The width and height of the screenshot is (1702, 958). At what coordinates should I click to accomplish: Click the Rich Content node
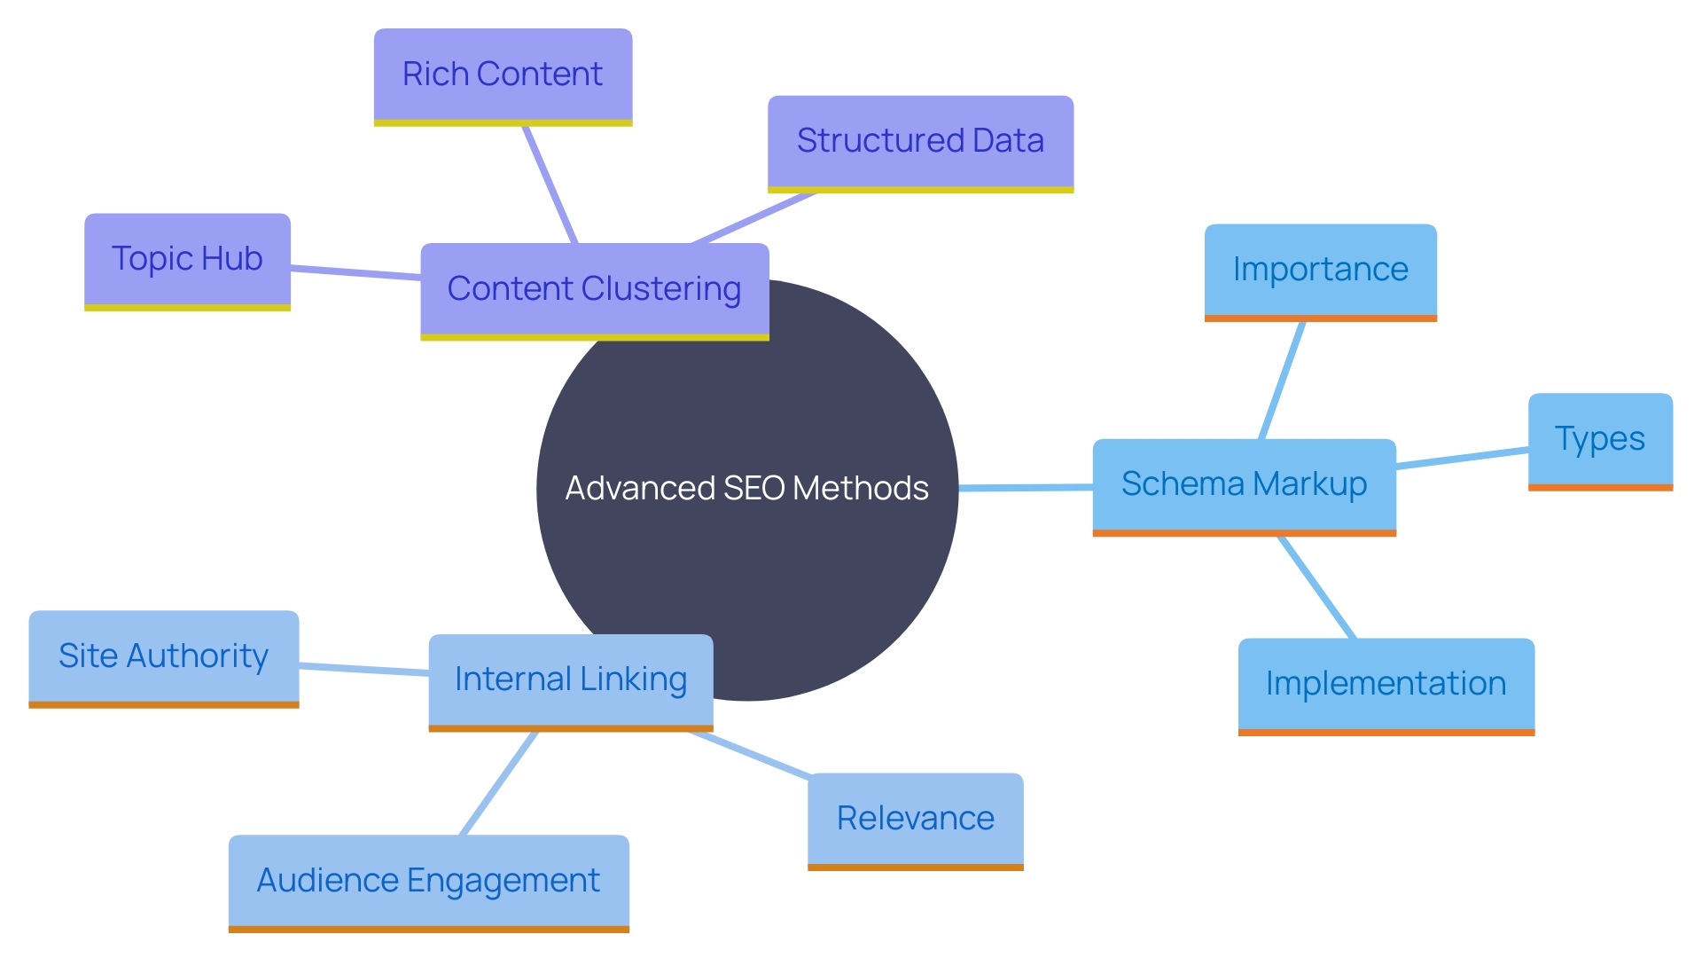pyautogui.click(x=503, y=75)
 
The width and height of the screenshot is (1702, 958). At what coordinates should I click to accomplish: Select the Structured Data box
pyautogui.click(x=920, y=141)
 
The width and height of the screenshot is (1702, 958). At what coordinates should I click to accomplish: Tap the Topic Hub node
pyautogui.click(x=187, y=259)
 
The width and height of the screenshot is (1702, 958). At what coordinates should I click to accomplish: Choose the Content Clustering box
pyautogui.click(x=594, y=289)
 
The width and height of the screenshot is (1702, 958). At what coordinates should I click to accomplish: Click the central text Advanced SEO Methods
pyautogui.click(x=746, y=489)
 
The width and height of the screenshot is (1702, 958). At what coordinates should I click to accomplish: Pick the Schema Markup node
pyautogui.click(x=1244, y=484)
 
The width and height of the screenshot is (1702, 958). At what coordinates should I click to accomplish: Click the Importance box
pyautogui.click(x=1320, y=270)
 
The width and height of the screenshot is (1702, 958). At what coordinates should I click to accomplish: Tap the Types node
pyautogui.click(x=1600, y=439)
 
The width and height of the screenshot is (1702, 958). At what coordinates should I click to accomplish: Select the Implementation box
pyautogui.click(x=1386, y=684)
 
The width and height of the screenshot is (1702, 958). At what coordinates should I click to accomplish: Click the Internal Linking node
pyautogui.click(x=570, y=679)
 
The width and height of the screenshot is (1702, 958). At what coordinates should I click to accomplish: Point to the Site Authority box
pyautogui.click(x=163, y=656)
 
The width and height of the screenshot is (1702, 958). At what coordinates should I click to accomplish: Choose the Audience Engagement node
pyautogui.click(x=428, y=881)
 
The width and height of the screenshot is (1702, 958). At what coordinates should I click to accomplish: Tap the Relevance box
pyautogui.click(x=915, y=819)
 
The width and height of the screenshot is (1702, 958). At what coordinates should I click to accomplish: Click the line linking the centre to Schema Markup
pyautogui.click(x=1025, y=488)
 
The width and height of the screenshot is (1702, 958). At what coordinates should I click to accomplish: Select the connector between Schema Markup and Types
pyautogui.click(x=1463, y=458)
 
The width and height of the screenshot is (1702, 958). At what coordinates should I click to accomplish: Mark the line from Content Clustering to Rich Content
pyautogui.click(x=550, y=184)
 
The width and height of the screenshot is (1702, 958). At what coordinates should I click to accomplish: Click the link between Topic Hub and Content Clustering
pyautogui.click(x=355, y=273)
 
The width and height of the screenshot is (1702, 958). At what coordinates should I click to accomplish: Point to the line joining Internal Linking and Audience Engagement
pyautogui.click(x=499, y=782)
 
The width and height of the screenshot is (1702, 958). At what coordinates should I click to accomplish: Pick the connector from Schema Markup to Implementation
pyautogui.click(x=1316, y=586)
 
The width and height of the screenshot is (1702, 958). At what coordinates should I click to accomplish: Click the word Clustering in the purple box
pyautogui.click(x=661, y=289)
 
